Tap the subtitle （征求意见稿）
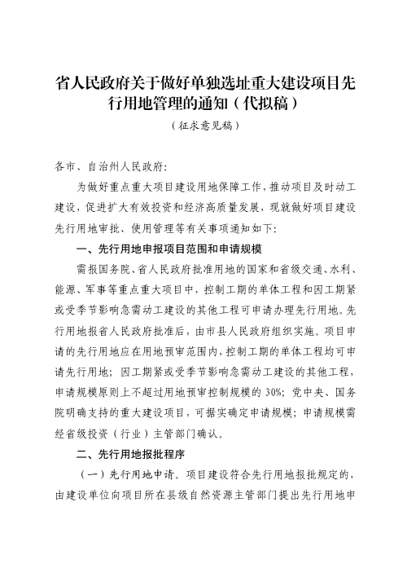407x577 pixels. point(203,127)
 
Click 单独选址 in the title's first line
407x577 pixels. point(206,84)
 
